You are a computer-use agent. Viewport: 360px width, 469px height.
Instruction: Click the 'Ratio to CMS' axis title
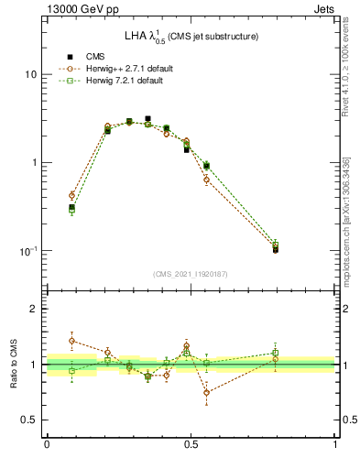[13, 365]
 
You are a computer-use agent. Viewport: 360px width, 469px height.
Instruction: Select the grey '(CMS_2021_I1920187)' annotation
[191, 274]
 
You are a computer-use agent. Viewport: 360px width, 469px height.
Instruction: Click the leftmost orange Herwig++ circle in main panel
[71, 195]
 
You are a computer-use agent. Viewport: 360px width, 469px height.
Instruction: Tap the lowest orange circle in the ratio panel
[206, 392]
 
